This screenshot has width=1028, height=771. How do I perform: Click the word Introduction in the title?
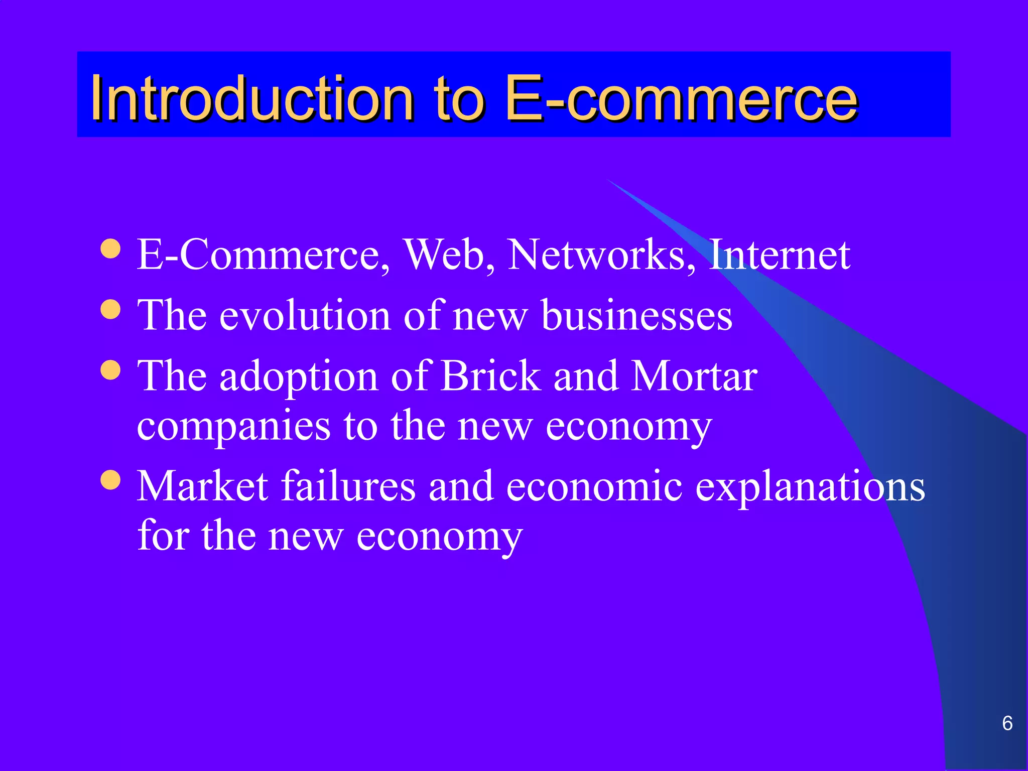click(x=251, y=97)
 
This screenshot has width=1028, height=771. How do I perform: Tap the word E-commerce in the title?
click(x=681, y=97)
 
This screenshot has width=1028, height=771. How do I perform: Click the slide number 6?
click(x=1007, y=723)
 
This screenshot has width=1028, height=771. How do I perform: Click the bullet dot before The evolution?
click(x=110, y=309)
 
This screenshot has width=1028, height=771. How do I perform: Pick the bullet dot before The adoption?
click(x=110, y=370)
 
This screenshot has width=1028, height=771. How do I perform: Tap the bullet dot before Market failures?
click(x=110, y=480)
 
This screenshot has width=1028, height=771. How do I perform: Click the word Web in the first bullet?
click(x=449, y=255)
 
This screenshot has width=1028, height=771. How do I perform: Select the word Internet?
click(x=779, y=255)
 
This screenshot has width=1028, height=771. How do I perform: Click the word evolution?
click(x=305, y=316)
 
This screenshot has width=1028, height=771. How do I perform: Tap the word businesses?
click(x=636, y=316)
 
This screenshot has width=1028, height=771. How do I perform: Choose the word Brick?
click(x=490, y=376)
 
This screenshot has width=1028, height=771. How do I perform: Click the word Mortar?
click(x=694, y=376)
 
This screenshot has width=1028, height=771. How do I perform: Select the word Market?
click(x=203, y=486)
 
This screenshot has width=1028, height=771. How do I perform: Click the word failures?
click(x=348, y=486)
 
